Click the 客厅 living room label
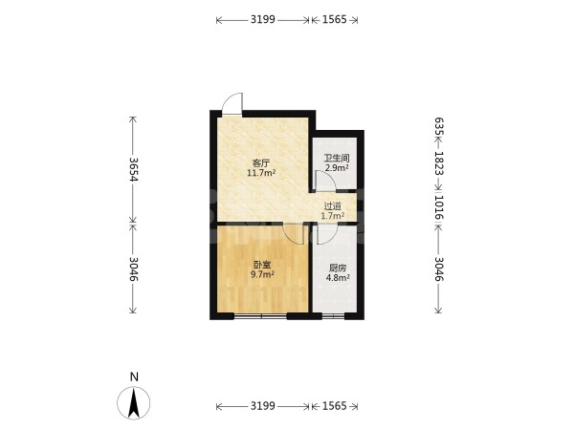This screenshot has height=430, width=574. click(x=261, y=162)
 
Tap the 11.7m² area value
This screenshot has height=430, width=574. click(x=261, y=173)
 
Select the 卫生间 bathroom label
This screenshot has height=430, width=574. click(x=337, y=158)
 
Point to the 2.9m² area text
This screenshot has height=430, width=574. click(x=337, y=168)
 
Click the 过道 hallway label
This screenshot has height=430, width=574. click(x=333, y=205)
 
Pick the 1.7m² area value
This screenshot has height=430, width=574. click(x=333, y=216)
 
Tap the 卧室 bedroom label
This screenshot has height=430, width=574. click(x=262, y=265)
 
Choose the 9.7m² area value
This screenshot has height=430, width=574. click(x=262, y=274)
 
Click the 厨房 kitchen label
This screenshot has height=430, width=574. click(x=338, y=268)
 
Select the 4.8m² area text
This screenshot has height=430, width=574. click(x=338, y=278)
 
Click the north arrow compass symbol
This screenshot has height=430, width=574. click(x=134, y=402)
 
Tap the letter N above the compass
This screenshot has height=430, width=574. click(x=134, y=377)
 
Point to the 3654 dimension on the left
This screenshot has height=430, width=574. click(x=133, y=169)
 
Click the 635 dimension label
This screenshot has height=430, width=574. click(x=439, y=126)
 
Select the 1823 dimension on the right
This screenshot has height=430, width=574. click(x=439, y=163)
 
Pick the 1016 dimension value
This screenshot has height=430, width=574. click(x=439, y=207)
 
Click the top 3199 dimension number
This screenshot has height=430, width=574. click(x=262, y=19)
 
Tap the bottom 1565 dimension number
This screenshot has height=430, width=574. click(x=334, y=406)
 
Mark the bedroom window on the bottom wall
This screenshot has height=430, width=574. click(x=260, y=316)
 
